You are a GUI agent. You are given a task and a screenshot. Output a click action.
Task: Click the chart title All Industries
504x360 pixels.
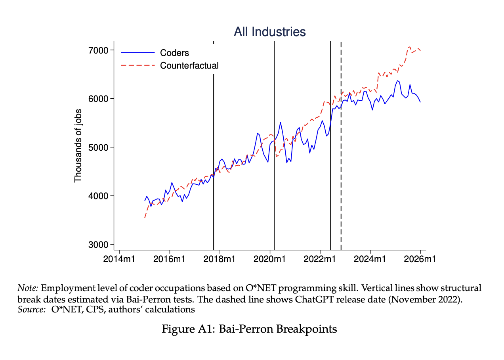270,32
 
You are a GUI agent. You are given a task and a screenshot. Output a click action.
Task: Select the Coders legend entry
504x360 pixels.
174,53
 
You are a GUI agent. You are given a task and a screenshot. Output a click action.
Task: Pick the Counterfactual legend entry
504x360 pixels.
189,65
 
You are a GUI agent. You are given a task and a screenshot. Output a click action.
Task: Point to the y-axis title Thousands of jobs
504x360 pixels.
78,146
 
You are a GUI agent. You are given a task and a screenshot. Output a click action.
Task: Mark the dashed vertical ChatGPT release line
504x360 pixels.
341,159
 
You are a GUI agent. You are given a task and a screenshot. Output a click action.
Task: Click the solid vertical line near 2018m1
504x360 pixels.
214,159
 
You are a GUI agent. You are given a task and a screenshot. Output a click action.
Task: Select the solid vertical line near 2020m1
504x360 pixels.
274,159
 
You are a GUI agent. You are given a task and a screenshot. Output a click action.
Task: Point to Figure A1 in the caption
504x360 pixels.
183,329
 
